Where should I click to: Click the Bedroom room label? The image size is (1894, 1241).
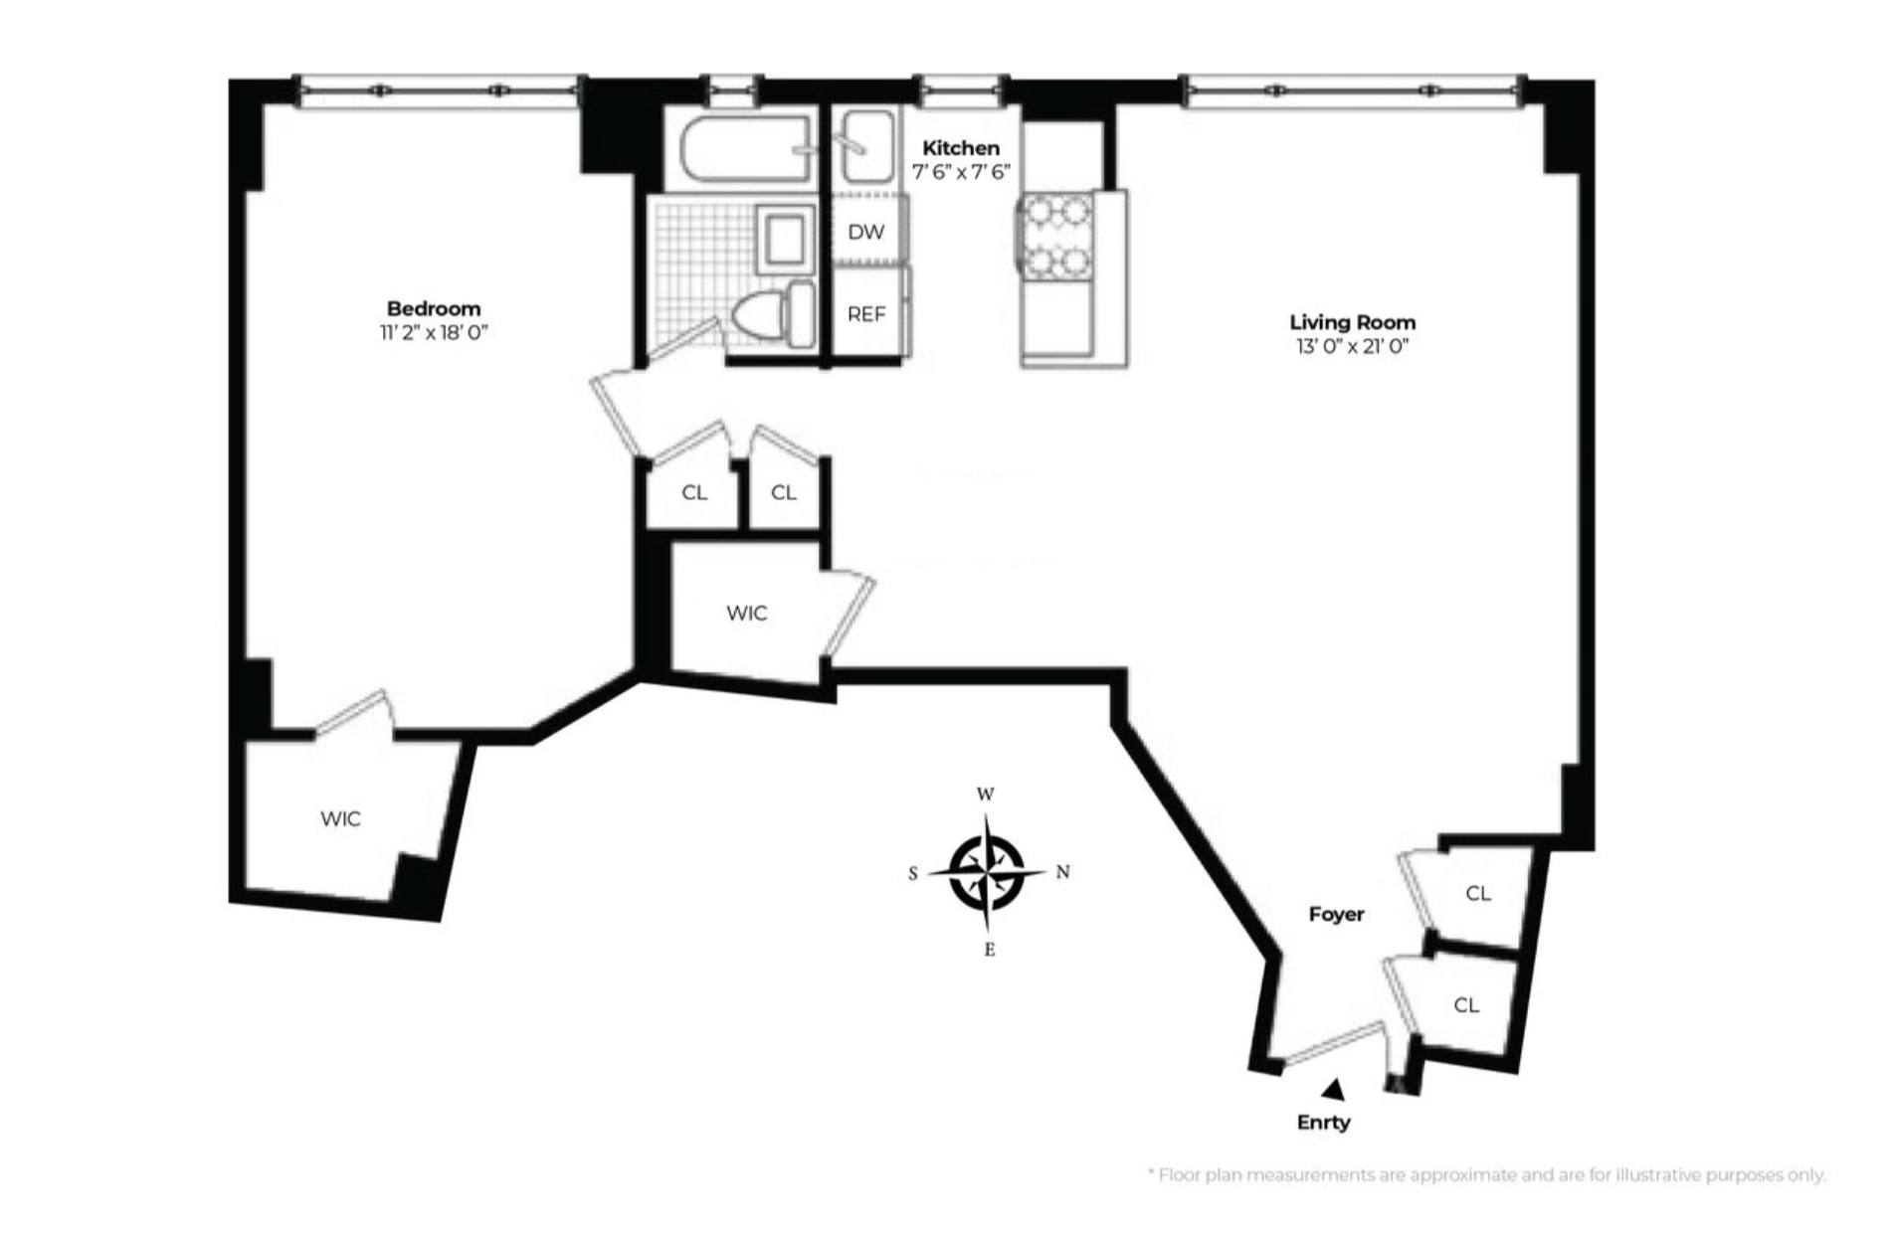coord(433,308)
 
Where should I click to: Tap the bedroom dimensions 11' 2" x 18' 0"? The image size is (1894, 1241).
coord(433,333)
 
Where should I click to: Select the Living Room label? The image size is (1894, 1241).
coord(1352,322)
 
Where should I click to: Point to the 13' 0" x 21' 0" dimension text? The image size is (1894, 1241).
coord(1352,347)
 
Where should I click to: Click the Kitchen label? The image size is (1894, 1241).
coord(960,148)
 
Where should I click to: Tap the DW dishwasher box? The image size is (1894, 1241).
coord(866,232)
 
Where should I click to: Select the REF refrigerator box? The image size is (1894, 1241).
coord(866,314)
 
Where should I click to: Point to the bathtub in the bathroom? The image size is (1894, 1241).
coord(746,149)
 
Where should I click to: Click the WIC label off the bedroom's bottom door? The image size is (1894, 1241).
coord(340,819)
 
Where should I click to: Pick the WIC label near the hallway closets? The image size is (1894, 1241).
coord(746,614)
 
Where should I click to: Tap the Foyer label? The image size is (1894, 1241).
coord(1336,914)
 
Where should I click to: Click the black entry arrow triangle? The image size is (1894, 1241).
coord(1334,1090)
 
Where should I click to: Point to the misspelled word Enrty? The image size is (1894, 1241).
coord(1323,1123)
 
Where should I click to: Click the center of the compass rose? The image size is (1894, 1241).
coord(987,873)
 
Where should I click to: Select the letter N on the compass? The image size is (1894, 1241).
coord(1062,872)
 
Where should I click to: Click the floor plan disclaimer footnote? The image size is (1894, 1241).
coord(1486,1175)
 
